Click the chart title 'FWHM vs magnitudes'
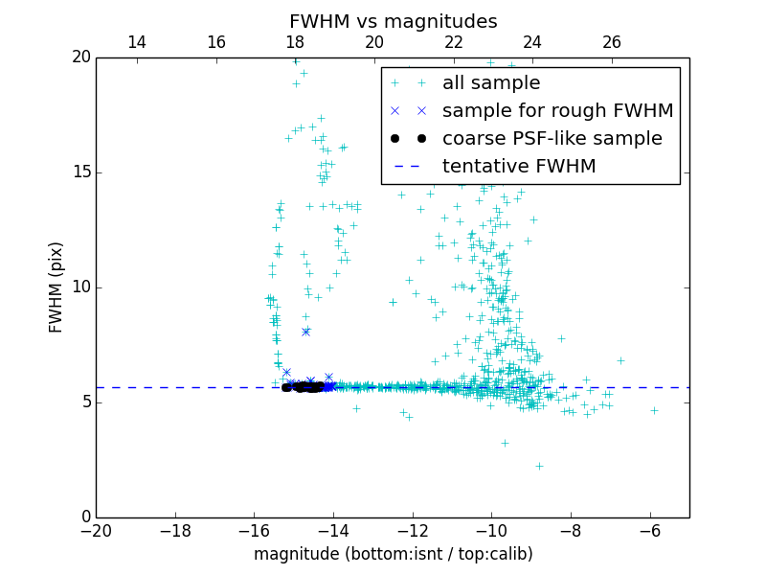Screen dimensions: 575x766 pos(393,21)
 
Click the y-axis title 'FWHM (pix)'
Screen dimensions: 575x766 pos(56,287)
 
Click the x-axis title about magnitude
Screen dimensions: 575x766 pos(393,554)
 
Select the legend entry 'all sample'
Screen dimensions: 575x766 pos(491,83)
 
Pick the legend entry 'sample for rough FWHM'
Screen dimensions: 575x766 pos(557,110)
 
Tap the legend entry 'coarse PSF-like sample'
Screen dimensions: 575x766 pos(552,138)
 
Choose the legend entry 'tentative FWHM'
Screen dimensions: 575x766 pos(519,166)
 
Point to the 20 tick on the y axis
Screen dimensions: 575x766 pos(80,57)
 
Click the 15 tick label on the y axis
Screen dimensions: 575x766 pos(80,172)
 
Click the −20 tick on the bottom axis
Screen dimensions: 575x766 pos(96,530)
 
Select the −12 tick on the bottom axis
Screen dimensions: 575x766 pos(413,530)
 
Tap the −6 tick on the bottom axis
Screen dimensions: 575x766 pos(650,530)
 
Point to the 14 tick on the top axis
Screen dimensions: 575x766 pos(137,42)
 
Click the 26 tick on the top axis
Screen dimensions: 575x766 pos(612,42)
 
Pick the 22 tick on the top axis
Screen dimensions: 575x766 pos(454,42)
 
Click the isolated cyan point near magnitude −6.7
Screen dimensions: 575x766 pos(620,360)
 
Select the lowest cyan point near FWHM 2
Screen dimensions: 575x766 pos(539,466)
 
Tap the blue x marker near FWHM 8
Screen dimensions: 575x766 pos(306,332)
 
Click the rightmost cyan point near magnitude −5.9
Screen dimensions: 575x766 pos(655,410)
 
